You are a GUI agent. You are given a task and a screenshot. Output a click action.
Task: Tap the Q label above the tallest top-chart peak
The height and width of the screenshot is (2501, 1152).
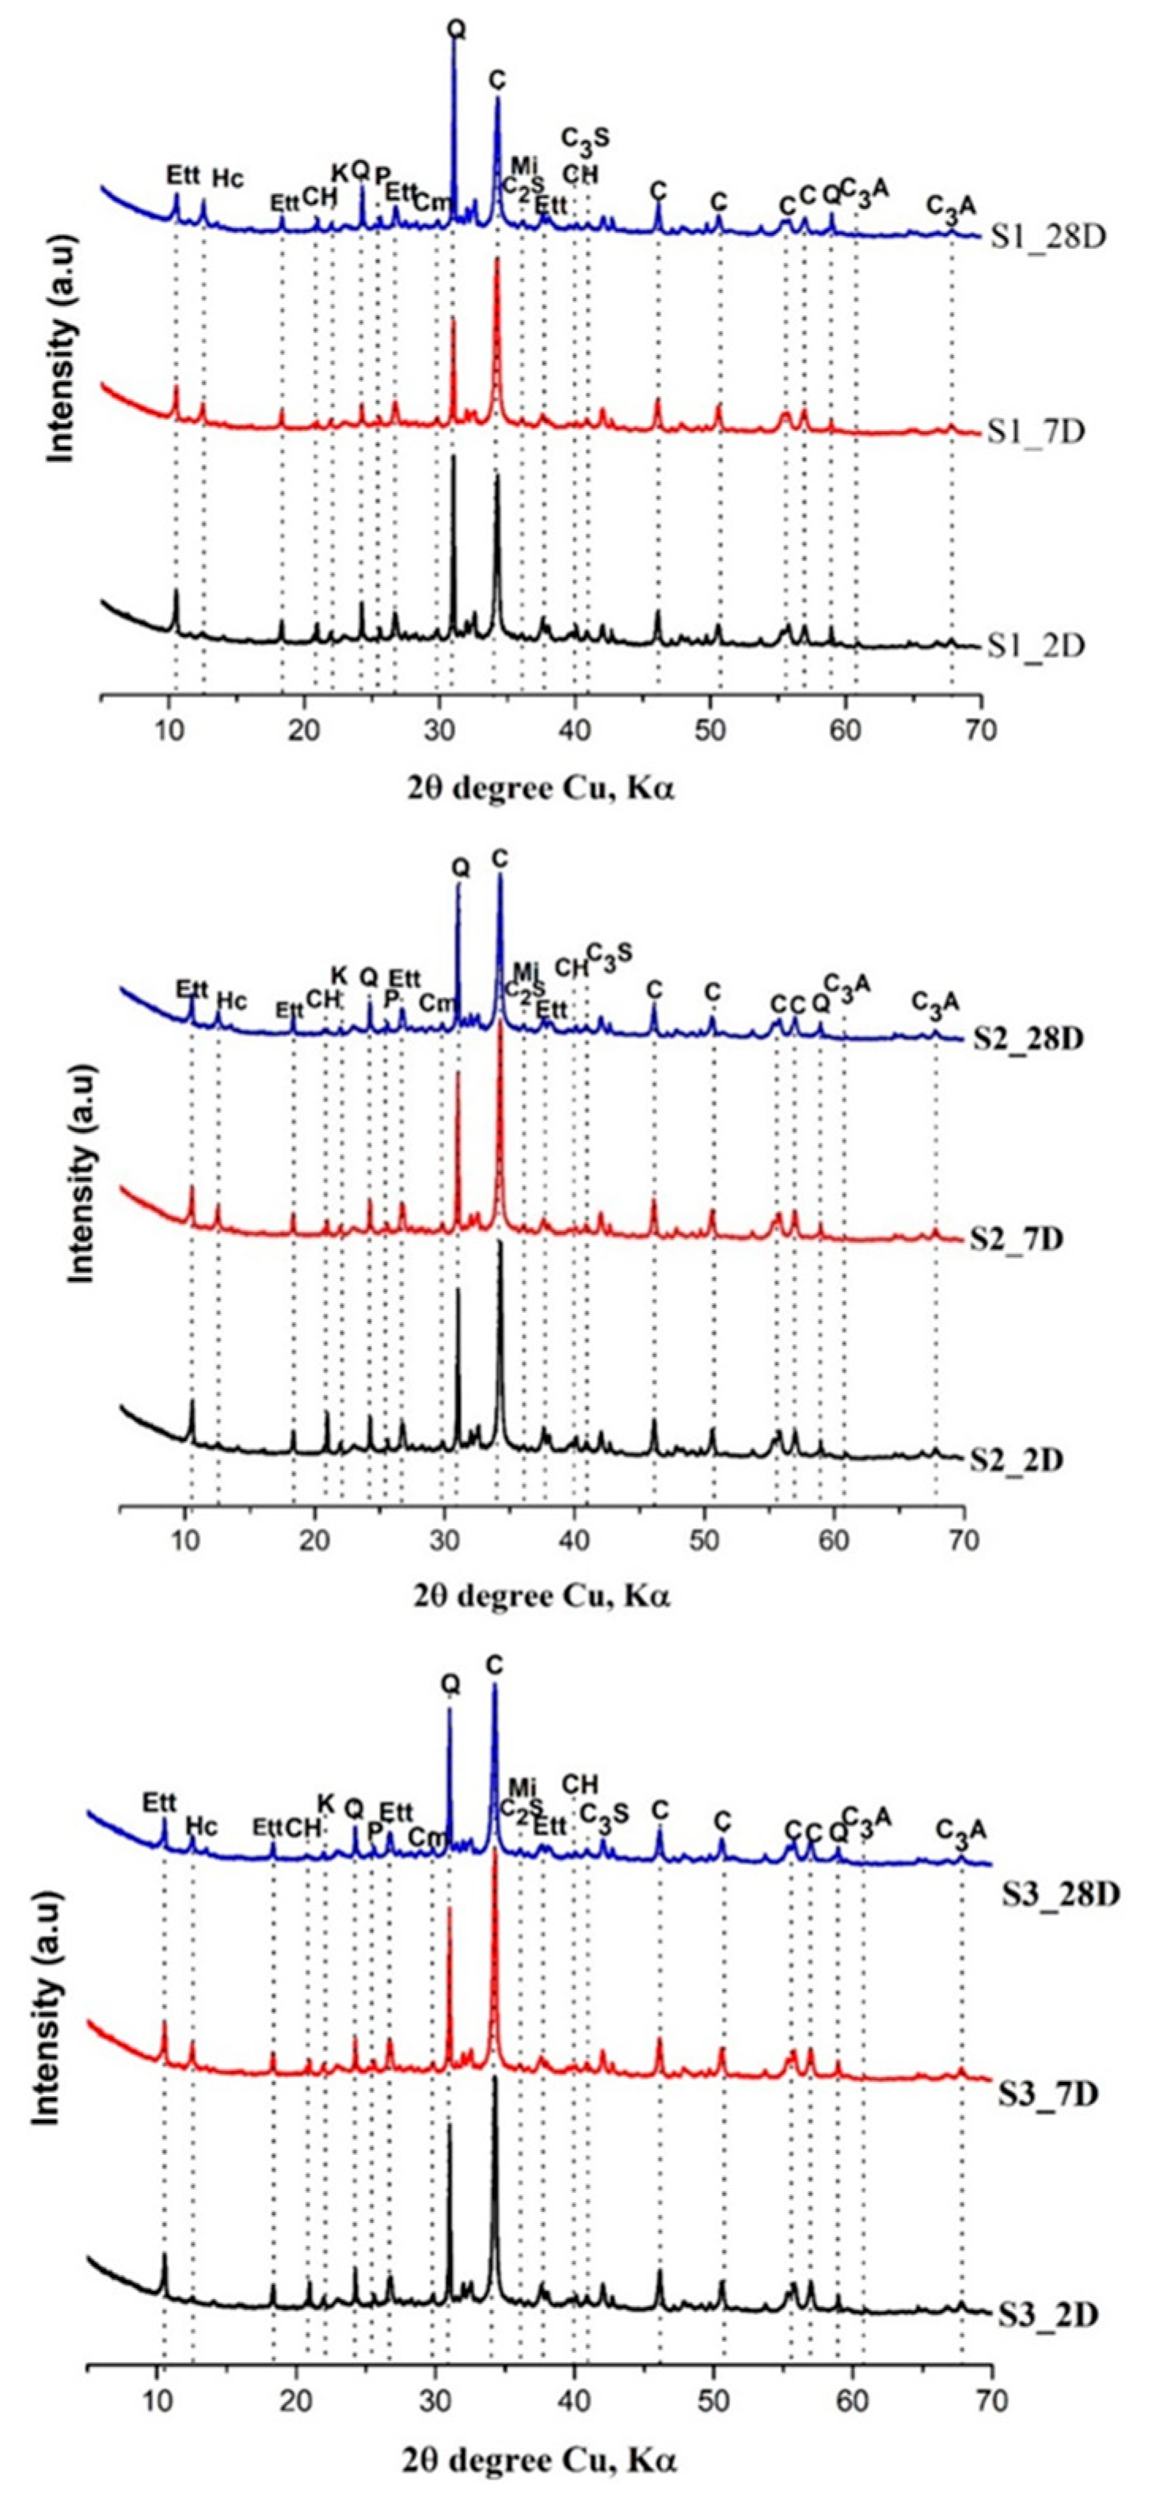(x=455, y=30)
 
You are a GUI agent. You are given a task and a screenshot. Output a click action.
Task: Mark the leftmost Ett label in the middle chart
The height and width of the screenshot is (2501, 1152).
(x=192, y=989)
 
